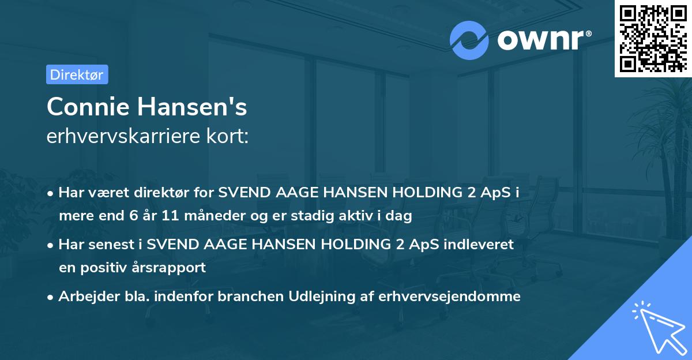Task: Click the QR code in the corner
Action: tap(653, 39)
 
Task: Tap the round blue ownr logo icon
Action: tap(469, 40)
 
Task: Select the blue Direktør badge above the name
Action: tap(77, 74)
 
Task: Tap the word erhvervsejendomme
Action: tap(450, 297)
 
